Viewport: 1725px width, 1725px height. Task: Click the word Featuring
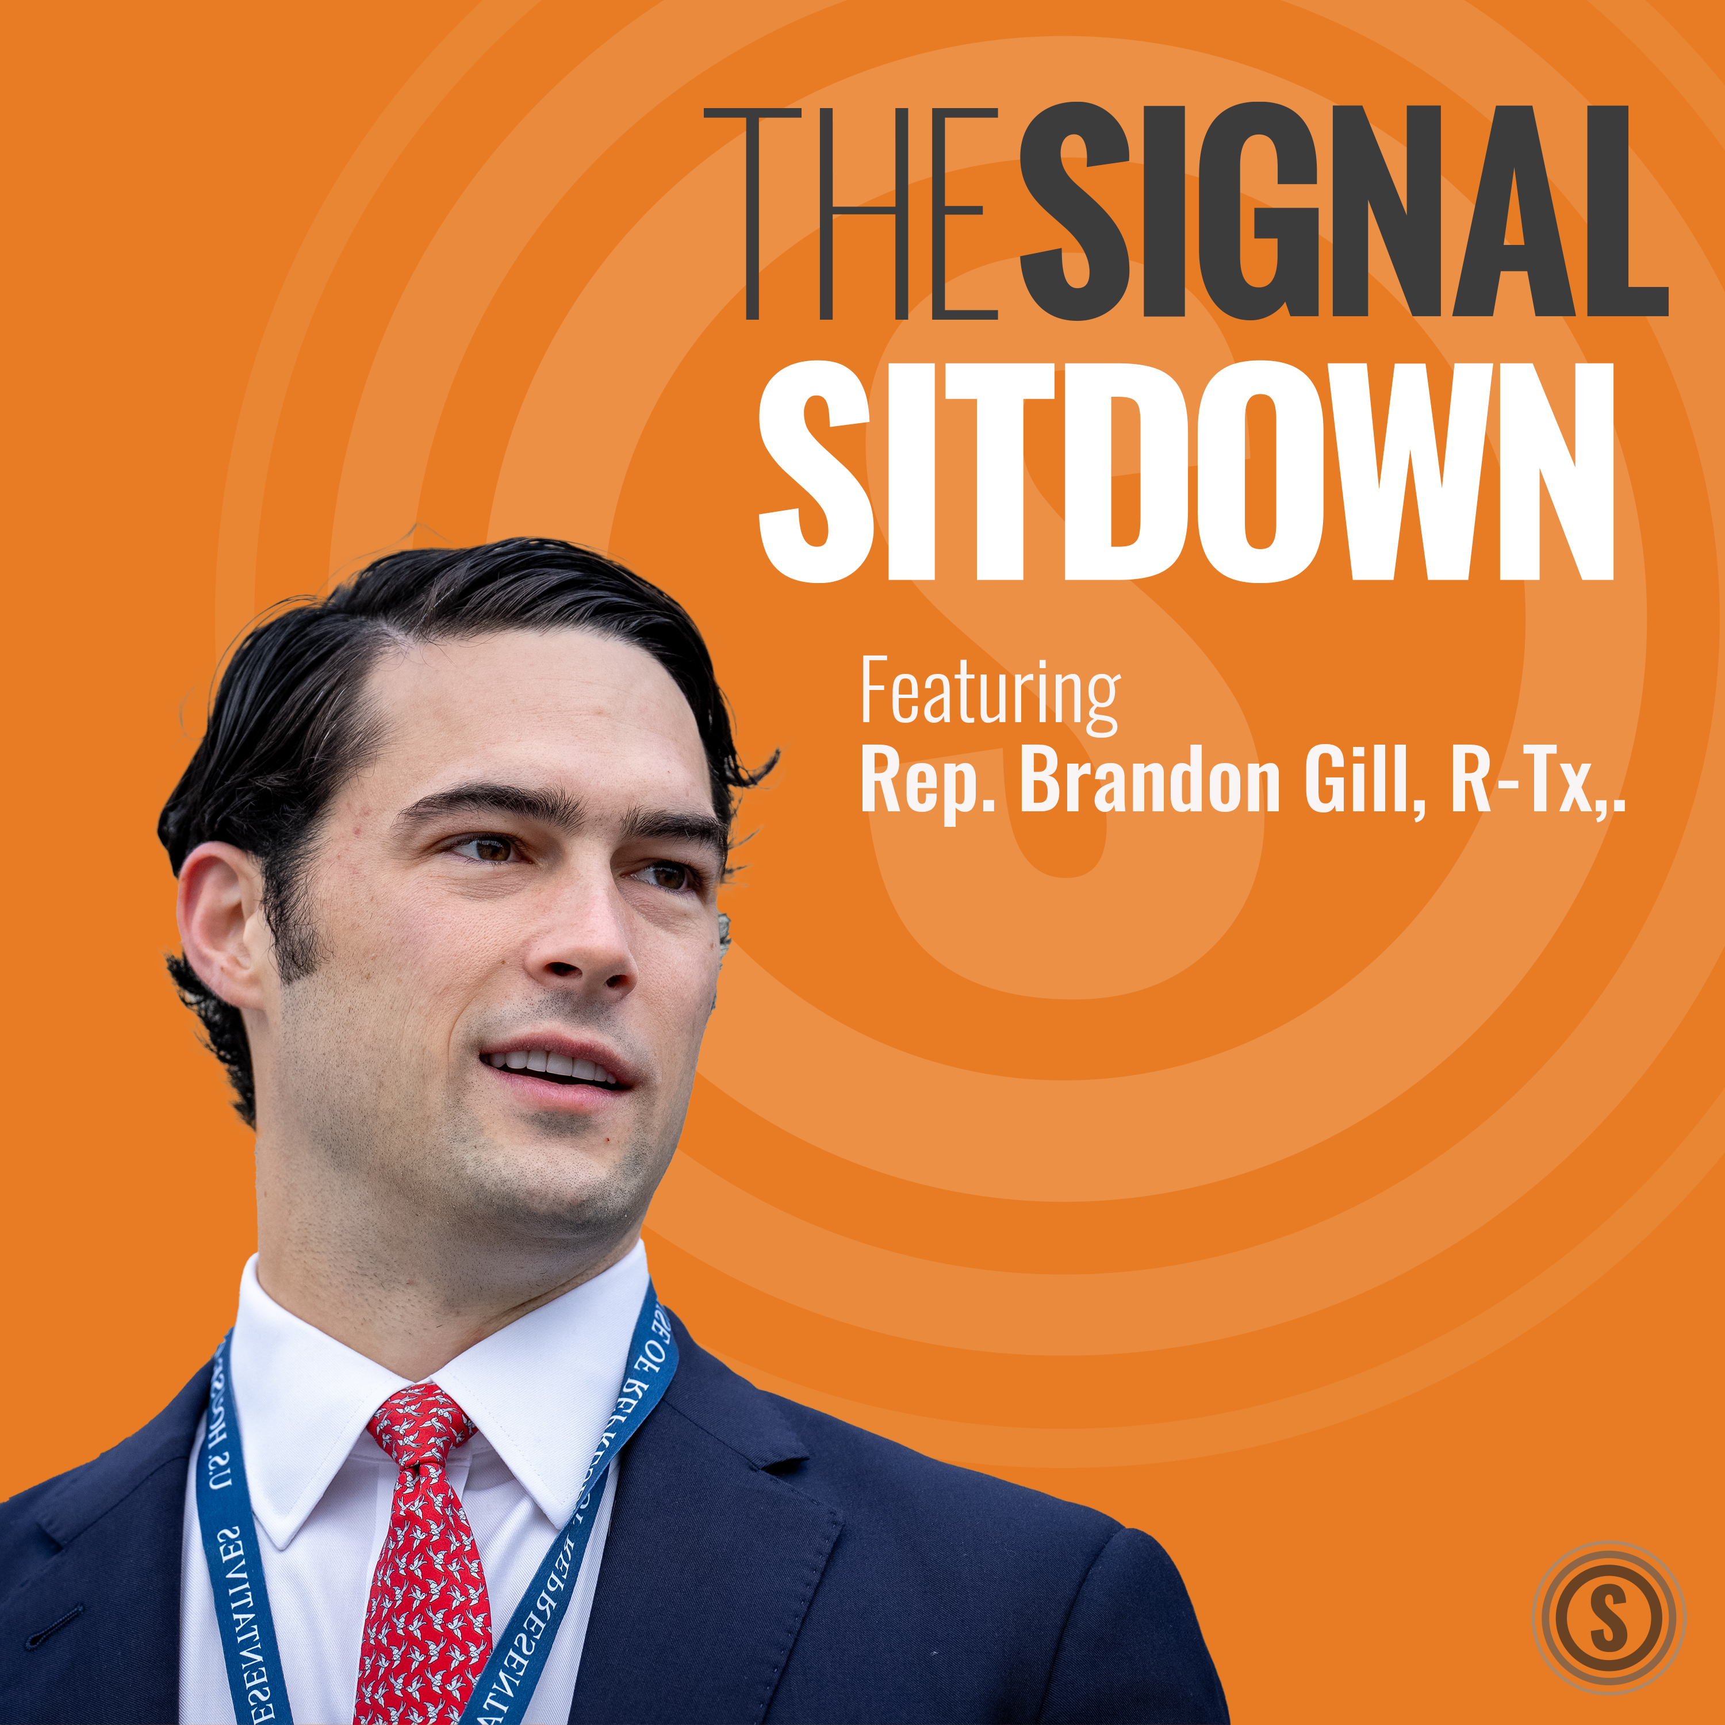click(989, 695)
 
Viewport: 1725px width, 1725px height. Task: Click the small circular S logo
click(1608, 1618)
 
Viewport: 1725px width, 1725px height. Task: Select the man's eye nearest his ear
click(489, 848)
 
